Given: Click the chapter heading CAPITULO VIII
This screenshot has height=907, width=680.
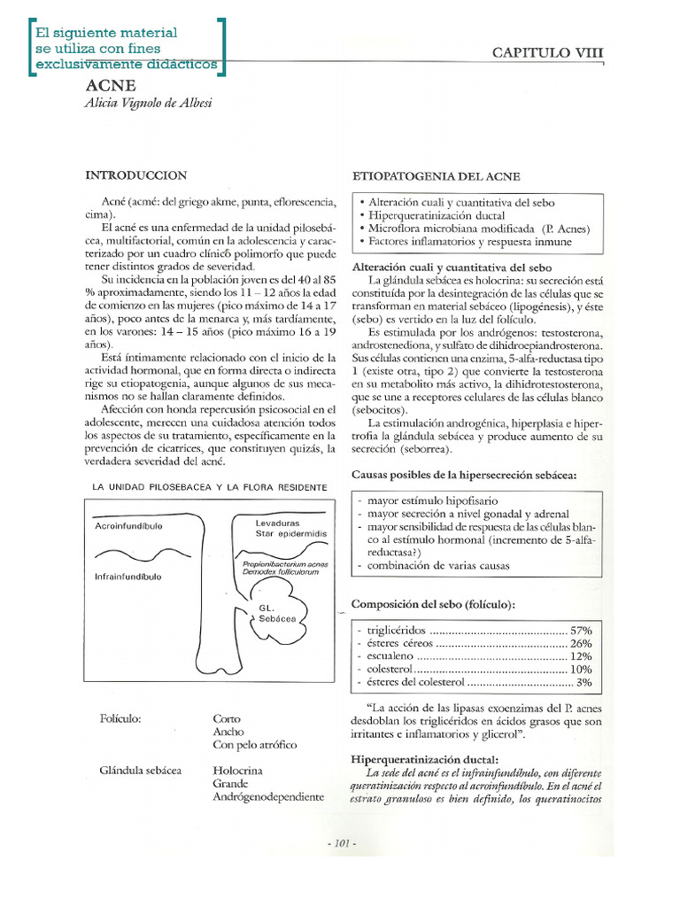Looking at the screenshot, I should [x=548, y=53].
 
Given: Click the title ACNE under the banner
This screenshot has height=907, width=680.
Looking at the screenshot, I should [x=111, y=86].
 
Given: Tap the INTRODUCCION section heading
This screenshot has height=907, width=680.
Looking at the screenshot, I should [x=135, y=175].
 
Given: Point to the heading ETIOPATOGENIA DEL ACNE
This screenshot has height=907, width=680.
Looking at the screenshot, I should [x=437, y=176].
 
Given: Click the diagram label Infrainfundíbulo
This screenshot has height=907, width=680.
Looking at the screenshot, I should [x=128, y=577].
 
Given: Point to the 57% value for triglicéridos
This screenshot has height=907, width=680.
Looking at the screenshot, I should [x=581, y=630].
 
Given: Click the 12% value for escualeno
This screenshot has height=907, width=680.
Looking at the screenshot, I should [x=581, y=656].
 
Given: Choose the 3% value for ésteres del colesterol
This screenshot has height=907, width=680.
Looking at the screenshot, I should [x=584, y=683].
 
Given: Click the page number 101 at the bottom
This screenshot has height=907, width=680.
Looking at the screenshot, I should [x=340, y=844].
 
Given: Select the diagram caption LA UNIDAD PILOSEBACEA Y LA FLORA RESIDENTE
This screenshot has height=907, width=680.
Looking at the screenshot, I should [x=210, y=487].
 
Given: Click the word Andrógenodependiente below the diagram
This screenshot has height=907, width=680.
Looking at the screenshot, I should [x=268, y=797].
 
